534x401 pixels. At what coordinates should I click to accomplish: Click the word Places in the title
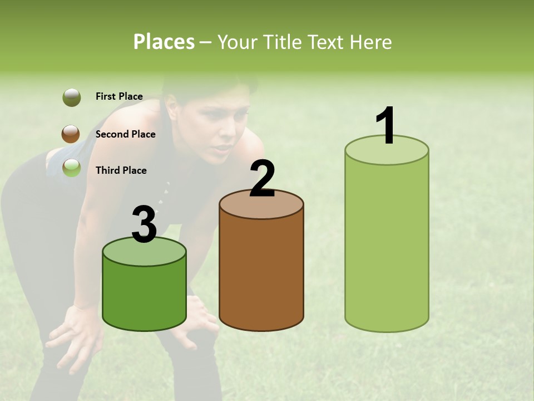point(164,42)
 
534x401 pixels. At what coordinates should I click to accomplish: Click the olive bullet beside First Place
point(71,97)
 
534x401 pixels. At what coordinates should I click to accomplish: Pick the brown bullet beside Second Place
point(71,134)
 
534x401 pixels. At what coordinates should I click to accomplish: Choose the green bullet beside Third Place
point(71,168)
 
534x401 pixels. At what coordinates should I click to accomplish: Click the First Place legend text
point(119,96)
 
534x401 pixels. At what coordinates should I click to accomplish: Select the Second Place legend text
point(125,134)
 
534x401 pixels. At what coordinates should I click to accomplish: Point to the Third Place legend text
point(121,170)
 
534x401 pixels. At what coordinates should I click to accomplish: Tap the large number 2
point(262,179)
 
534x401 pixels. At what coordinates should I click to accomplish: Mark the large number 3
point(144,225)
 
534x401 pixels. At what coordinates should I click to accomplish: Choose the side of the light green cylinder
point(387,245)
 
